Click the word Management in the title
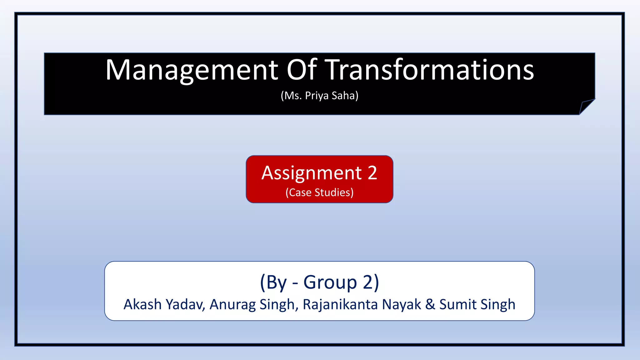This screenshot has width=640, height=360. pos(192,70)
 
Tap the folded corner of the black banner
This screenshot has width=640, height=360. pos(586,106)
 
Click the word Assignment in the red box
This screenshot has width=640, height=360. pos(312,173)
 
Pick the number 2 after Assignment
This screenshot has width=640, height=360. pos(372,173)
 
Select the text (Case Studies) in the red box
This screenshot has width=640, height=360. pos(319,192)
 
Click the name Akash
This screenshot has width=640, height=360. pos(142,304)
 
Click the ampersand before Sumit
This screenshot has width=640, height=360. pos(430,304)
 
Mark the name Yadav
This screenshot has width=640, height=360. pos(185,304)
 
